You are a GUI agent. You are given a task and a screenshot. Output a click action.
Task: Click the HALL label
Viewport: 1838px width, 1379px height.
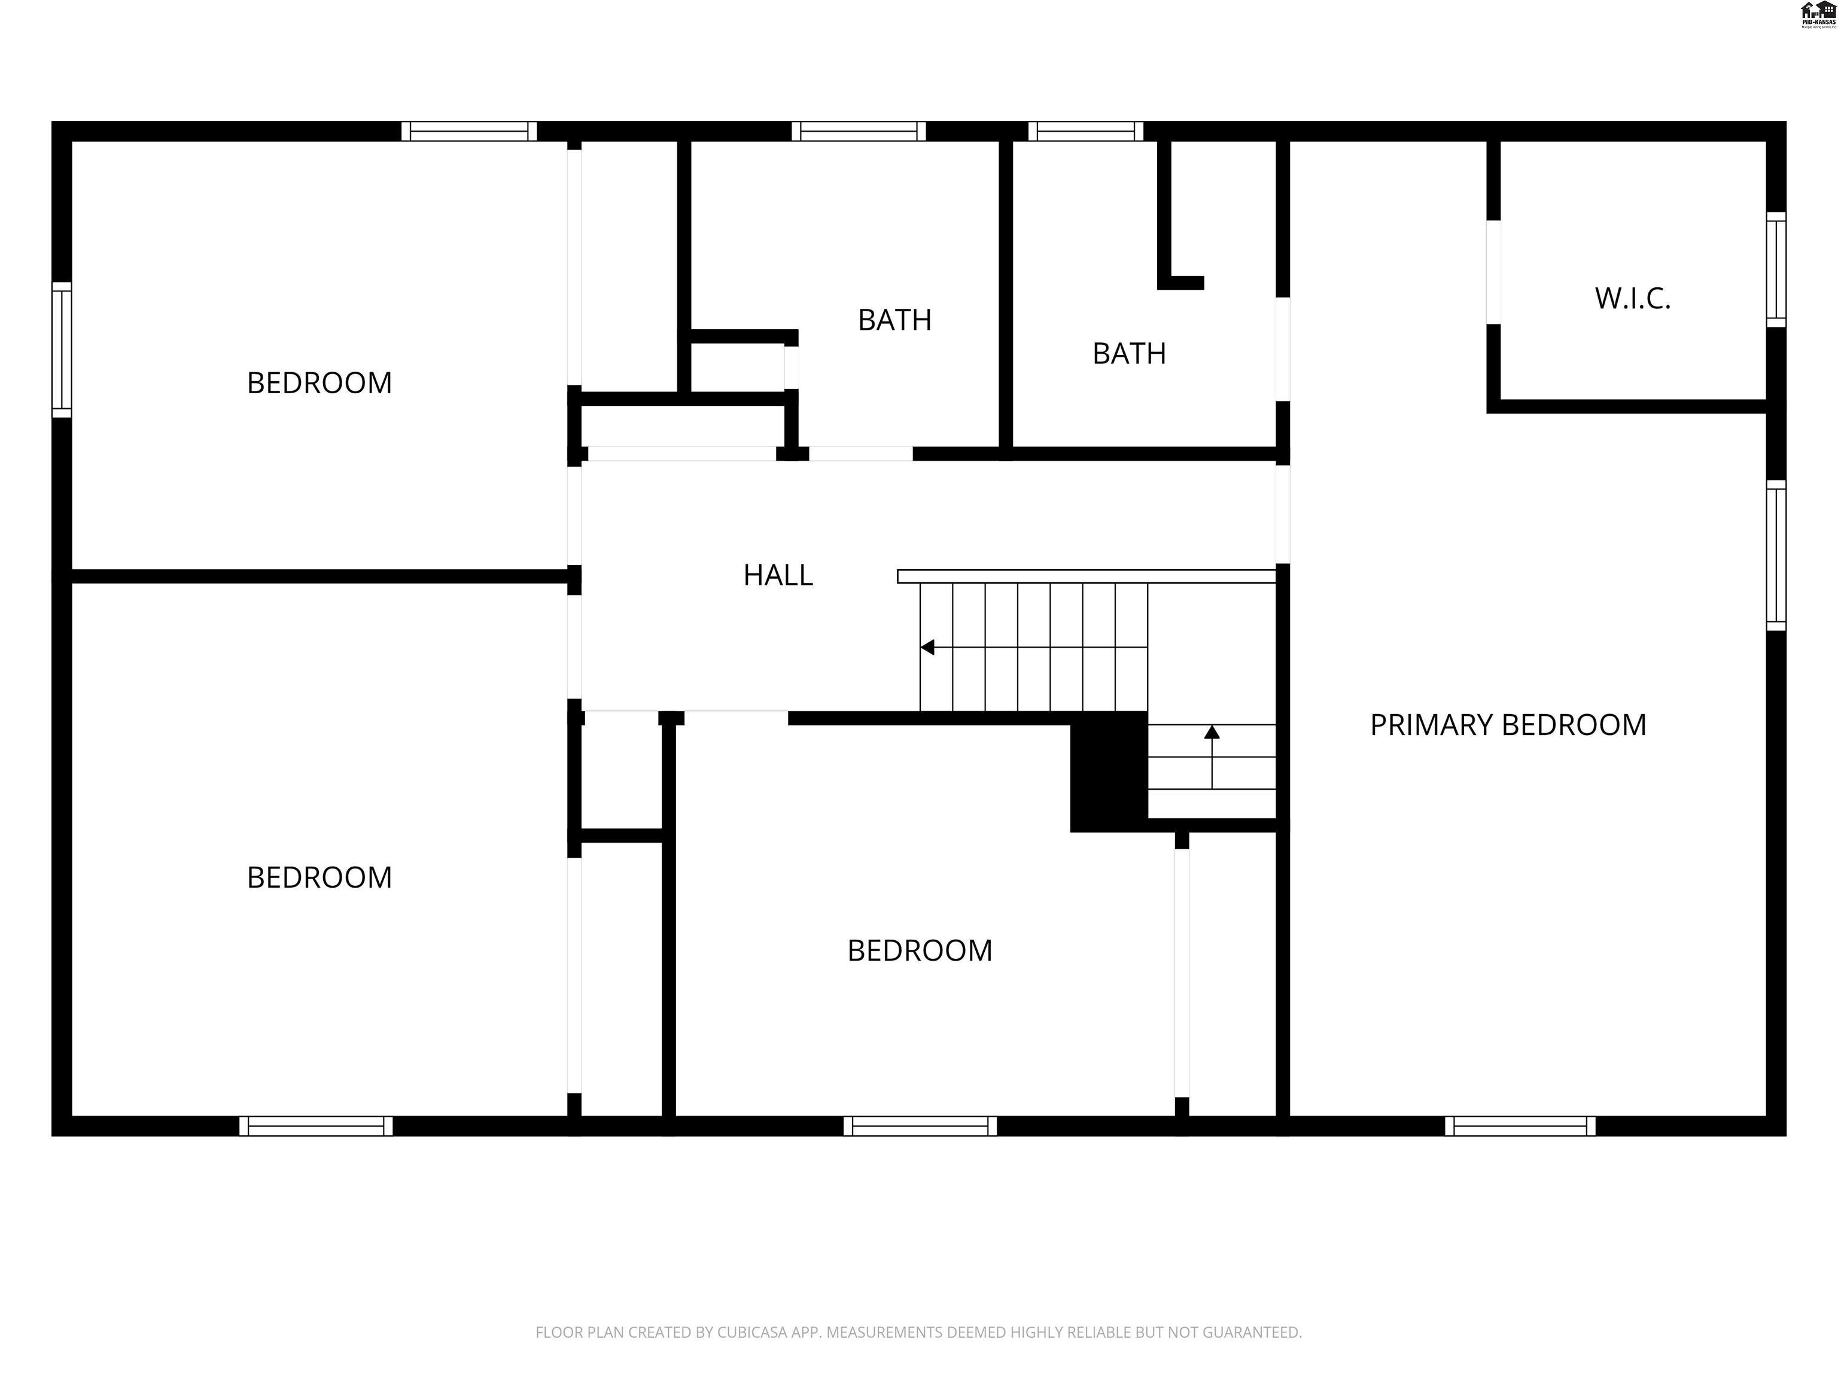[x=778, y=575]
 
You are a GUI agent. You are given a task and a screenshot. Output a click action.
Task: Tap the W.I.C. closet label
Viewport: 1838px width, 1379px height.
[x=1632, y=299]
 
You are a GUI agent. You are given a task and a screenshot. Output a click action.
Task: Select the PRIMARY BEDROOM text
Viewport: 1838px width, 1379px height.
[x=1507, y=725]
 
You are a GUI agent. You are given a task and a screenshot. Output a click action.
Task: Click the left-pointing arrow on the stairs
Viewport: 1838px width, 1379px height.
[x=928, y=646]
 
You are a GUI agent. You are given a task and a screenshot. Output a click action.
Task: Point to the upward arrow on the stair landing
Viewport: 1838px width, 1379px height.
[x=1212, y=733]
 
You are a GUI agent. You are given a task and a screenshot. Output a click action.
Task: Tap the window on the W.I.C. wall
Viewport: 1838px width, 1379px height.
[x=1776, y=269]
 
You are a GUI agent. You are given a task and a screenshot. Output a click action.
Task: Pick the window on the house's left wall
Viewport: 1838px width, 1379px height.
[x=62, y=349]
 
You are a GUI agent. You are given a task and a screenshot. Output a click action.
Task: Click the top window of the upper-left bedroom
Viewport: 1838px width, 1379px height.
[x=468, y=131]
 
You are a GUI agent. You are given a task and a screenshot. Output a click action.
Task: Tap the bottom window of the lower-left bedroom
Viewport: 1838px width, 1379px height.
[x=316, y=1125]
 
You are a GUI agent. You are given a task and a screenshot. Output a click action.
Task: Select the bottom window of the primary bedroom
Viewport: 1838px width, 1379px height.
[x=1520, y=1125]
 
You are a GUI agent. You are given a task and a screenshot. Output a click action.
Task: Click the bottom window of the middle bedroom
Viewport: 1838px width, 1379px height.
[x=920, y=1125]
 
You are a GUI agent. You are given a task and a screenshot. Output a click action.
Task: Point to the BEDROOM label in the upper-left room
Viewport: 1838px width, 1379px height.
[x=319, y=383]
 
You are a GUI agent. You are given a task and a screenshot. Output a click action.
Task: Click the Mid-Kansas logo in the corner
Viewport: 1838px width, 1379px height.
[x=1817, y=14]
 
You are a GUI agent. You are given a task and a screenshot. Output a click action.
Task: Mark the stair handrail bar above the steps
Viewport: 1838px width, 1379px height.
[x=1086, y=576]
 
